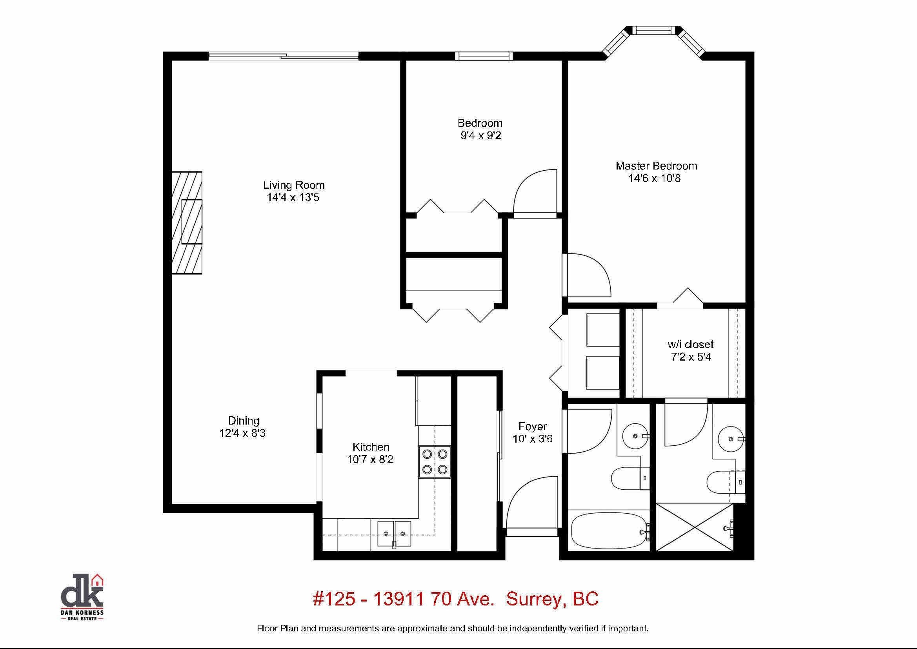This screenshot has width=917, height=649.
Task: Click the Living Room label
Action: [293, 185]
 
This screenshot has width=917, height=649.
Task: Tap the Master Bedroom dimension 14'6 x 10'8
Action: [655, 178]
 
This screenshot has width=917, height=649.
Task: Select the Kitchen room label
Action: [371, 447]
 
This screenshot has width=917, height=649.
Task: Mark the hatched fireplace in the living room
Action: [187, 222]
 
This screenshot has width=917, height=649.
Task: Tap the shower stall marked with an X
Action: [695, 527]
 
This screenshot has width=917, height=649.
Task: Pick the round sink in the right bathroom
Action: [730, 439]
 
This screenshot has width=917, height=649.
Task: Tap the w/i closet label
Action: [691, 344]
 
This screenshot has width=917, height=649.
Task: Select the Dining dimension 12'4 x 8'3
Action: [242, 433]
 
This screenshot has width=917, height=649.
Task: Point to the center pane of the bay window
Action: [653, 30]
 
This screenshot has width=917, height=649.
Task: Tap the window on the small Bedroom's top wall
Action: [484, 56]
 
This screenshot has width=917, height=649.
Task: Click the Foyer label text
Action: [532, 426]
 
